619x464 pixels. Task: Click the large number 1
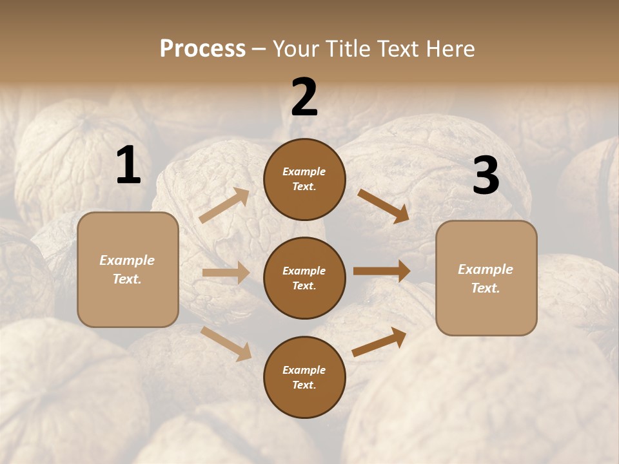[x=128, y=166]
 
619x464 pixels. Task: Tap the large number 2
[x=304, y=97]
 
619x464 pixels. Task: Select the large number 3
[x=486, y=176]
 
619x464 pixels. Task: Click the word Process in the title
[x=202, y=48]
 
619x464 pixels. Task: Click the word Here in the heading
[x=449, y=48]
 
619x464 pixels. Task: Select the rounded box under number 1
[x=128, y=269]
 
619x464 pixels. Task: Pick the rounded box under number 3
[x=486, y=278]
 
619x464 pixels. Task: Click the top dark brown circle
[x=304, y=179]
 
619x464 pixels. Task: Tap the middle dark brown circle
[x=304, y=278]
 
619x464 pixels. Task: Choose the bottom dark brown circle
[x=304, y=377]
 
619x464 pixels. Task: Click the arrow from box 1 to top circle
[x=224, y=206]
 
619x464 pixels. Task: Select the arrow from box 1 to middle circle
[x=226, y=273]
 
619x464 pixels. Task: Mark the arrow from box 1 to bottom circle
[x=226, y=343]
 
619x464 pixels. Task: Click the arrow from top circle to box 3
[x=384, y=206]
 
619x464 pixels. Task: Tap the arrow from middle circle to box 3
[x=382, y=271]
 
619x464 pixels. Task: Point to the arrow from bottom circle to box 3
[x=380, y=342]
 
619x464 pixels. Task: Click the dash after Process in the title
[x=259, y=49]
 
